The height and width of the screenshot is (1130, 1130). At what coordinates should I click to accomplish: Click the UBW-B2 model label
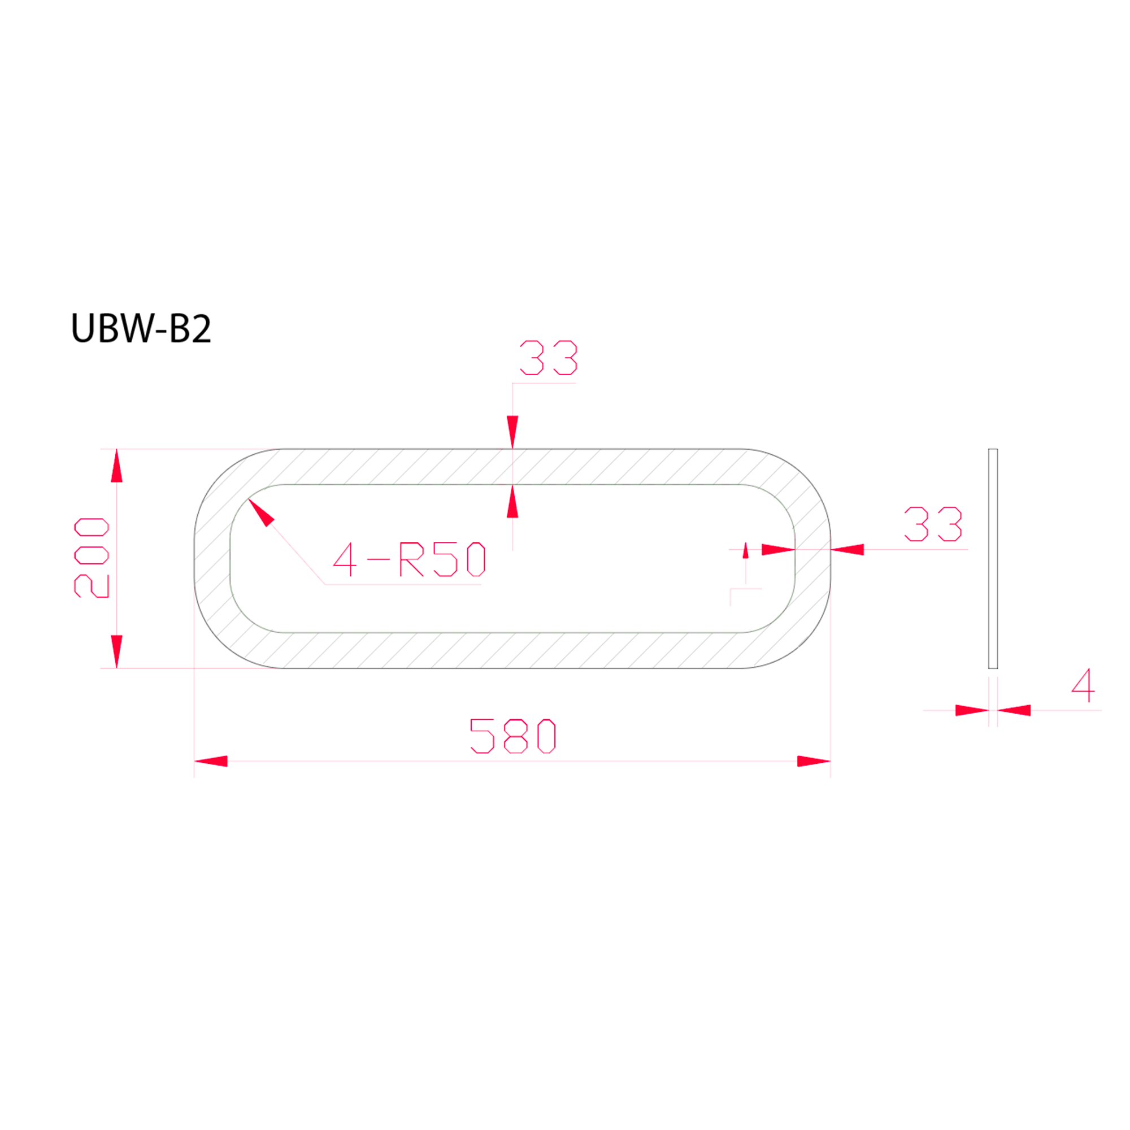click(x=140, y=328)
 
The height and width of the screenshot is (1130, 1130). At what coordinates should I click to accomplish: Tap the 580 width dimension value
click(x=513, y=736)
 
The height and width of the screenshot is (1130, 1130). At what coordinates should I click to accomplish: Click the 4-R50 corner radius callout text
click(x=410, y=559)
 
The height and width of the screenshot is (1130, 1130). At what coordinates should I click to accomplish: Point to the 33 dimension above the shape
click(x=549, y=358)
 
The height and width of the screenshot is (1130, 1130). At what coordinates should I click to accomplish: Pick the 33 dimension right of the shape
click(x=933, y=524)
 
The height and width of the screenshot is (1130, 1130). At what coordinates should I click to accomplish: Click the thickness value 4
click(x=1083, y=685)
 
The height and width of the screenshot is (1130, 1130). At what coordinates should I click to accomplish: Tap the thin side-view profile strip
click(x=993, y=559)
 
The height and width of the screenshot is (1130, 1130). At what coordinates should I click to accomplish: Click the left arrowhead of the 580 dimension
click(x=211, y=762)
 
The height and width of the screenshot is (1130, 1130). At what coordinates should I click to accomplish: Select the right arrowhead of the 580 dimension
click(x=814, y=762)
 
